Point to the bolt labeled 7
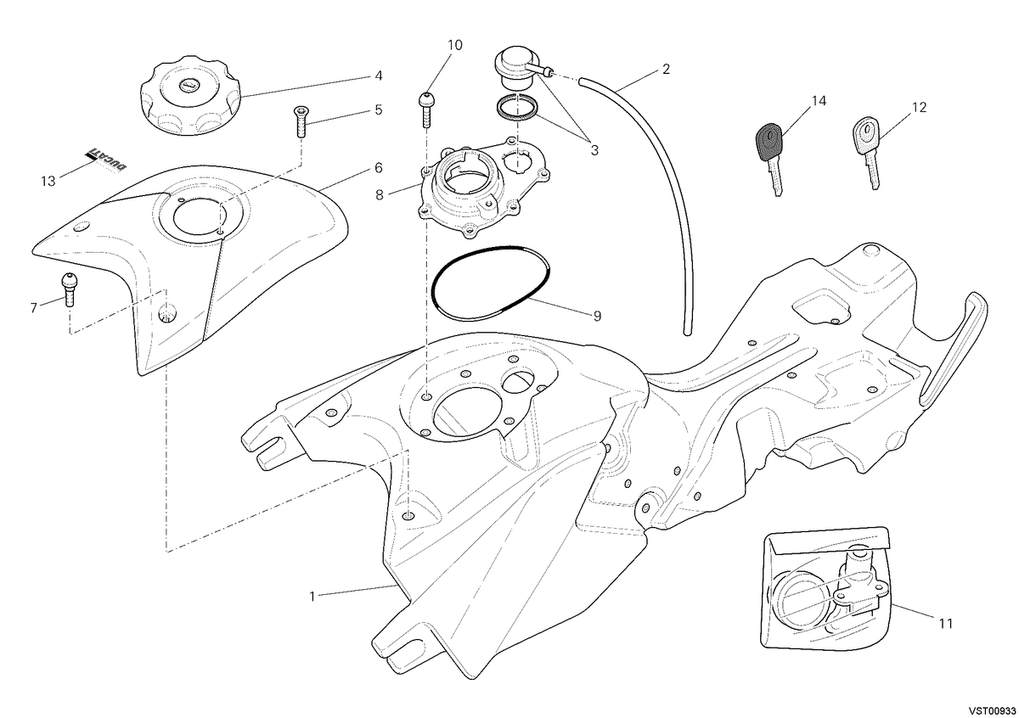coord(69,289)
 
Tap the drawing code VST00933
coord(993,710)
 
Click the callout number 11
coord(946,624)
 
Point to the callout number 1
coord(312,596)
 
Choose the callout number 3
coord(594,149)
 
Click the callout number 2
coord(666,69)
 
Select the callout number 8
coord(380,194)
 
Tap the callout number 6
coord(379,168)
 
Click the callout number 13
coord(48,181)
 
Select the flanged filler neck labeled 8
coord(483,188)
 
